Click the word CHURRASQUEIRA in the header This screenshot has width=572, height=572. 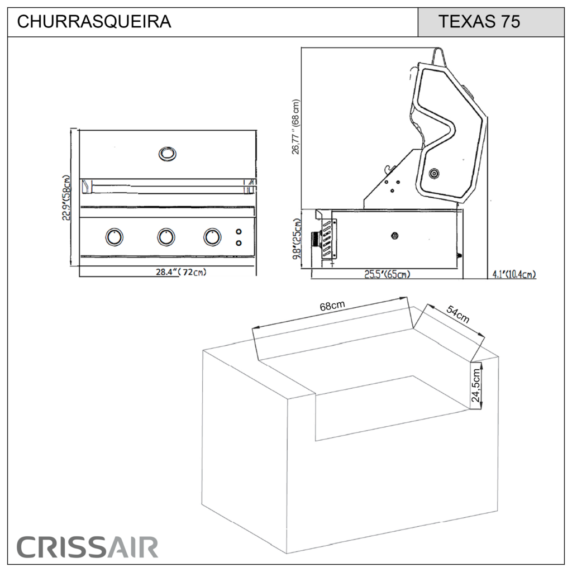(x=94, y=22)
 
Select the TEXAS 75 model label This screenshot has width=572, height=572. (x=479, y=22)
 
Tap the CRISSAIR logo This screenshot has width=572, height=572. (x=87, y=547)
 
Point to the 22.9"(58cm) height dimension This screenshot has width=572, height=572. (x=66, y=198)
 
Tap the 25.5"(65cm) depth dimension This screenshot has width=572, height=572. (x=387, y=274)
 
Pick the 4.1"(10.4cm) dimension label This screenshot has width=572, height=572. (x=514, y=274)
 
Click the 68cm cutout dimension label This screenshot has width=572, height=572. (x=332, y=306)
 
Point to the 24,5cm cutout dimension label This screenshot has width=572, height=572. (x=475, y=386)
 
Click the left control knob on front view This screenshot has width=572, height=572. (x=114, y=237)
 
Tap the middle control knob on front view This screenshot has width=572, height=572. (x=166, y=237)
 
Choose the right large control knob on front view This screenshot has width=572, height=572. (x=212, y=237)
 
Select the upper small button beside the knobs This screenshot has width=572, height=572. (x=239, y=232)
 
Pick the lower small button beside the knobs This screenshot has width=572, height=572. (x=239, y=242)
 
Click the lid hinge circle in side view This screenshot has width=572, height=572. (x=434, y=174)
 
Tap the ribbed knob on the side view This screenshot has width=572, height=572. (x=316, y=240)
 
